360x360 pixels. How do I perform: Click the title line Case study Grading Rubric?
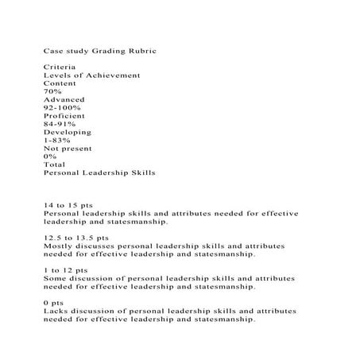(100, 50)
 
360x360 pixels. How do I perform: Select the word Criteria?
(60, 67)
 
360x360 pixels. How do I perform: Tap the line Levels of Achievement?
(91, 75)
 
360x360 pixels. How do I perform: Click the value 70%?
(52, 91)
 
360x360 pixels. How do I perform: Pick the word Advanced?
(64, 99)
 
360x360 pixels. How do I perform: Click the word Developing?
(67, 132)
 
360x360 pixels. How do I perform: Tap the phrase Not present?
(68, 148)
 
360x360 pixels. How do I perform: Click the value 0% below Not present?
(50, 156)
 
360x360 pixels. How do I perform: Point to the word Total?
(55, 164)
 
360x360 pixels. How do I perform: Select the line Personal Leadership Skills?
(99, 172)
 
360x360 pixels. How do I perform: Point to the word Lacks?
(56, 311)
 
